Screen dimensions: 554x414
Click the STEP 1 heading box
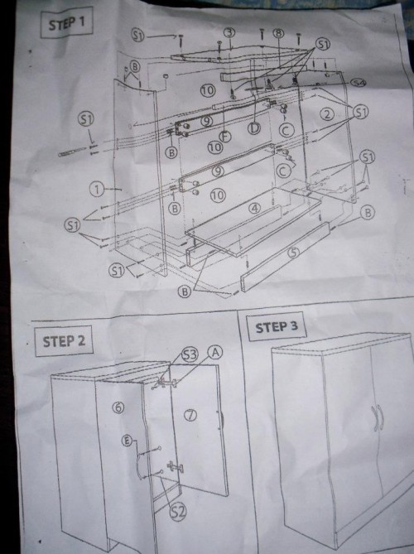point(66,22)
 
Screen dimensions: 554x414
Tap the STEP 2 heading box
point(63,340)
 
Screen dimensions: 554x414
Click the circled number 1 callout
point(98,190)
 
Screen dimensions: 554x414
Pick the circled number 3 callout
point(229,32)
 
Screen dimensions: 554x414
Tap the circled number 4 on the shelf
point(256,207)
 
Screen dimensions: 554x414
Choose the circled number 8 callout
point(279,33)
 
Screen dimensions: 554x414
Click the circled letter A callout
point(216,351)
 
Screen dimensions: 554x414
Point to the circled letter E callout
point(127,440)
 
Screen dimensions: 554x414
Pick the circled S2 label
point(177,512)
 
